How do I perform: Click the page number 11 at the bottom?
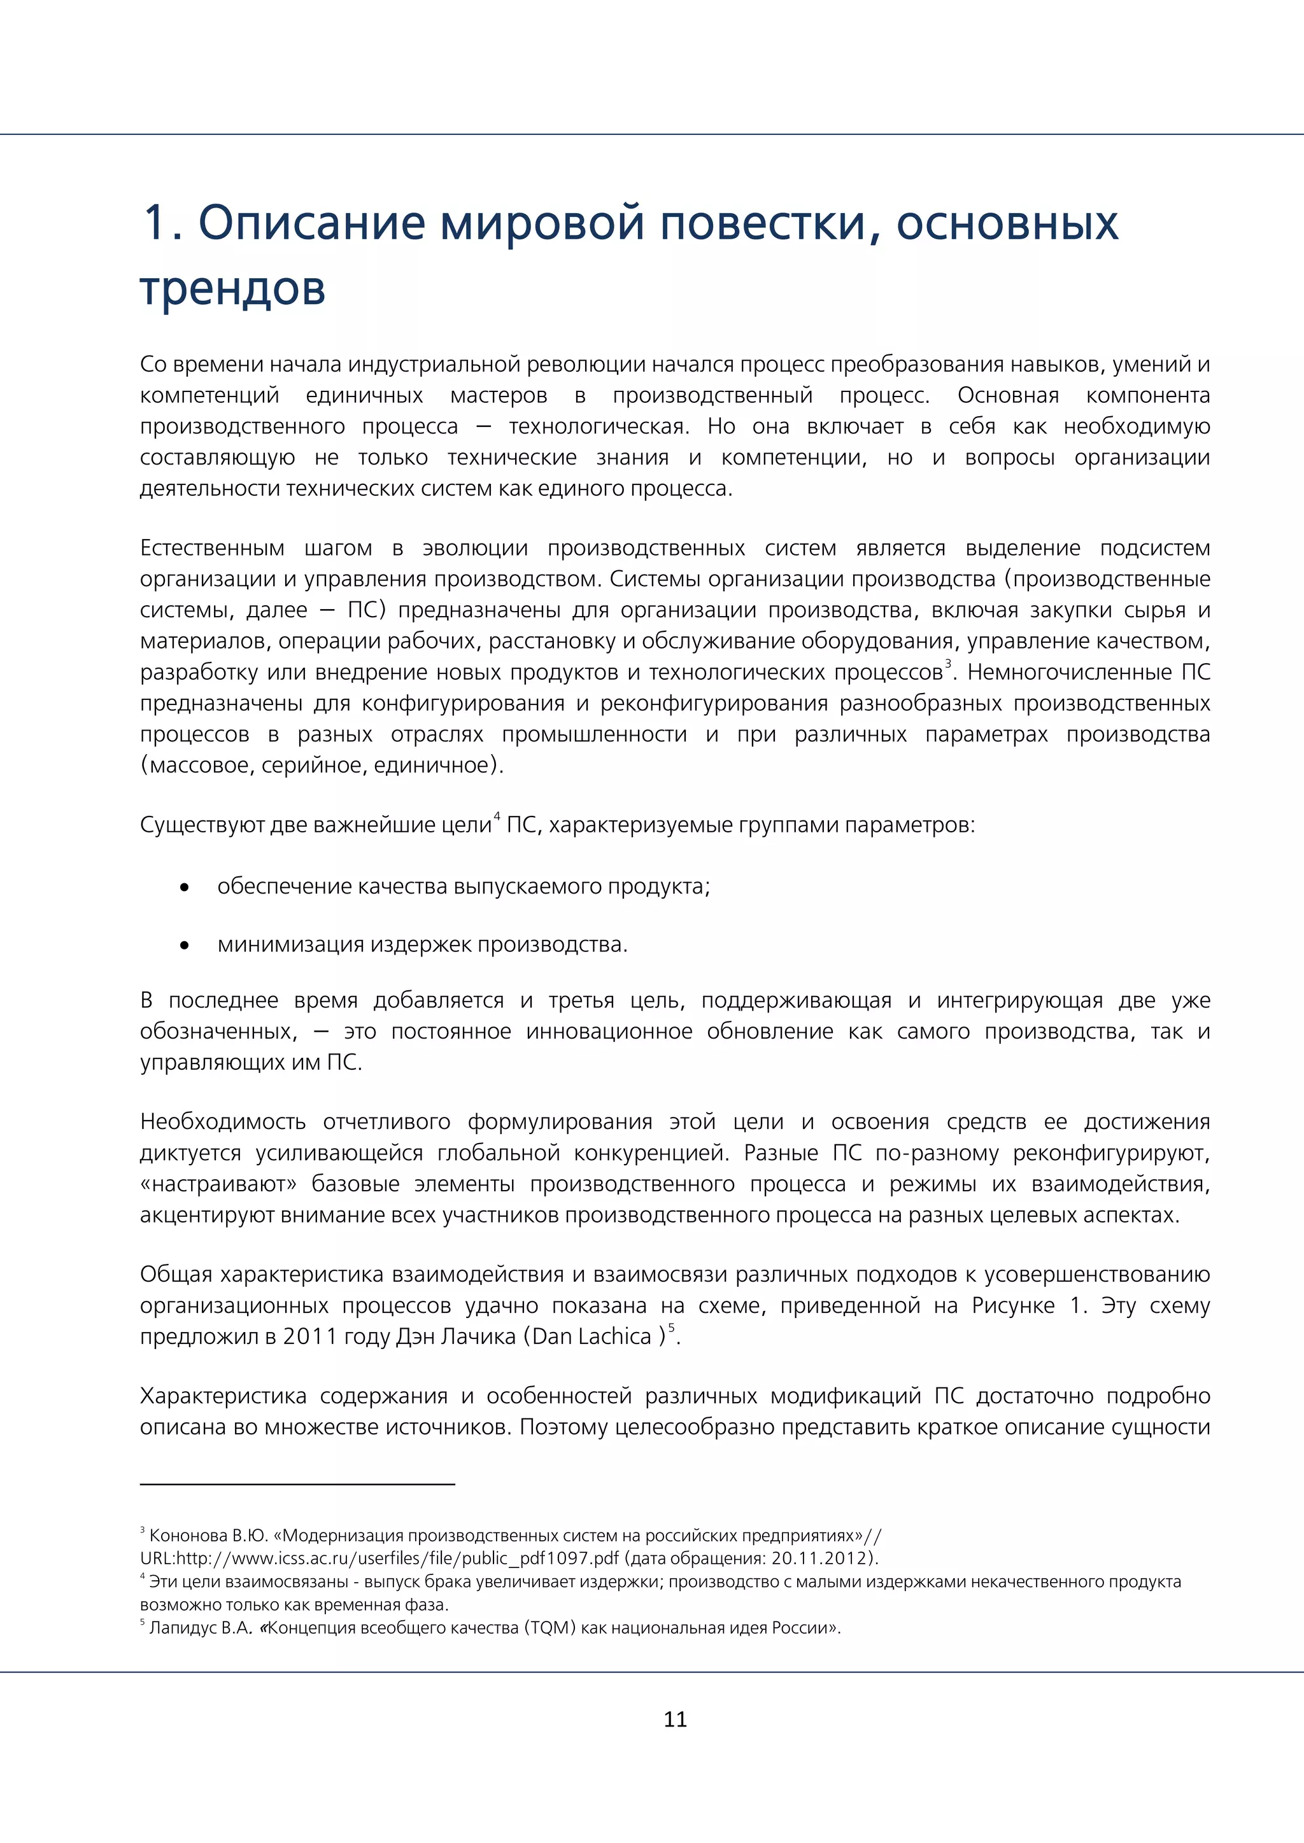click(676, 1718)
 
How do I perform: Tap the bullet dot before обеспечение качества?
click(185, 888)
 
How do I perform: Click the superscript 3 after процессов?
click(948, 663)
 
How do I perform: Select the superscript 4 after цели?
click(496, 816)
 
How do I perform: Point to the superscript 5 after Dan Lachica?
click(672, 1328)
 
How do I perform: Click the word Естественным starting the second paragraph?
click(212, 547)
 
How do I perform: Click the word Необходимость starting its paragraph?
click(222, 1121)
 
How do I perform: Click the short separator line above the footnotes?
click(297, 1484)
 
